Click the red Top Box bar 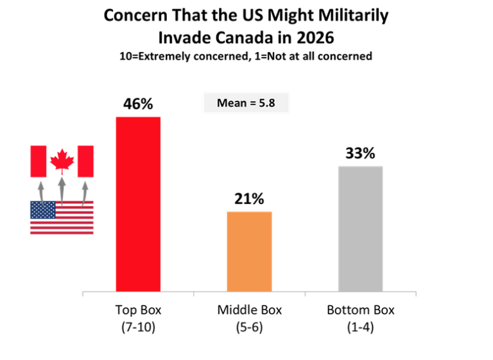138,204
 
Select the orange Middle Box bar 250,252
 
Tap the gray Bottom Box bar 360,228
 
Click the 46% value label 138,104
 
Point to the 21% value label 249,199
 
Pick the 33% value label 360,154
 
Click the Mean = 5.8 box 245,103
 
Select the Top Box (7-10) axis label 138,318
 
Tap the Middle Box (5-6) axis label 250,318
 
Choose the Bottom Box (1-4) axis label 360,318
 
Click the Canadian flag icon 62,160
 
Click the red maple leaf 62,160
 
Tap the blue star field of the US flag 43,210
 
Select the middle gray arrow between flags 62,189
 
